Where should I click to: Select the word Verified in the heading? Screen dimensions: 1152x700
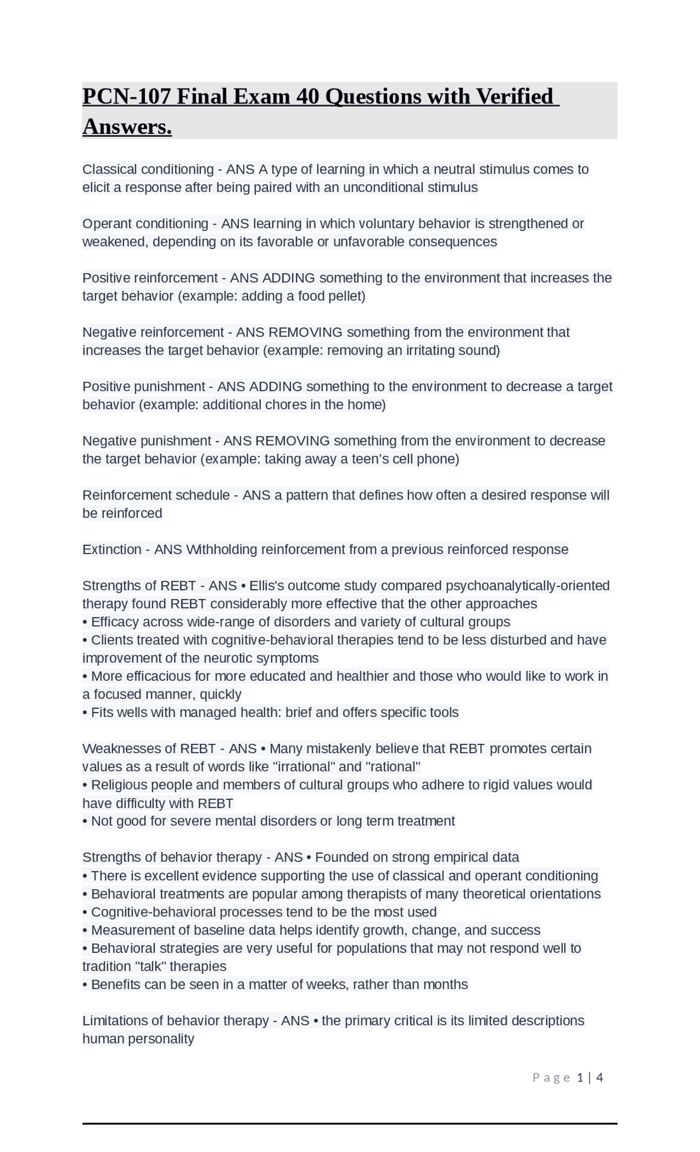[x=515, y=97]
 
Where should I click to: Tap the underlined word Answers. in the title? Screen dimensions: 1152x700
[x=127, y=127]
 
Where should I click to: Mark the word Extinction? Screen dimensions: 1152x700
[x=112, y=549]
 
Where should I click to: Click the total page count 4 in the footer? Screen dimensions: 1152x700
[x=599, y=1077]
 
